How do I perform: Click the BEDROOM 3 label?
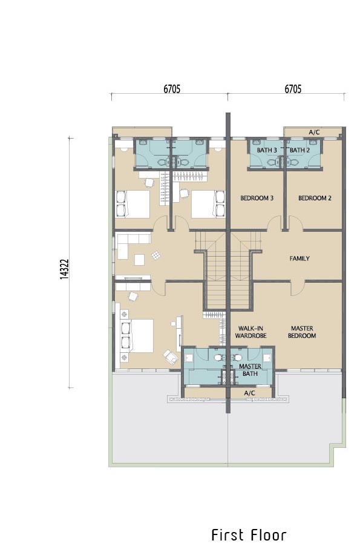pos(257,198)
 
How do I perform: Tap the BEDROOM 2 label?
pos(315,198)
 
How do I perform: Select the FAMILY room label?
pos(299,258)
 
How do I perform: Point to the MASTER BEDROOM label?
pos(302,332)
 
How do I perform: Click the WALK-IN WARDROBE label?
pos(250,332)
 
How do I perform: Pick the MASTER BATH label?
pos(250,370)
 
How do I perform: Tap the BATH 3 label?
pos(267,150)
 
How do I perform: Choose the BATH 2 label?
pos(300,150)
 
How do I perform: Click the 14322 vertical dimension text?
pos(64,269)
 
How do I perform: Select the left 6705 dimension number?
pos(172,89)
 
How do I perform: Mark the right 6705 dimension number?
pos(293,89)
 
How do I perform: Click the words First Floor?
pos(249,535)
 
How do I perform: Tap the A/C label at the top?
pos(314,133)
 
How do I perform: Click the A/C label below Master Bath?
pos(249,393)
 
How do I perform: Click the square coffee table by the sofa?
pos(139,260)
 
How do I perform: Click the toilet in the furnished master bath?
pos(218,357)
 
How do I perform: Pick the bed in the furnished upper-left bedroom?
pos(133,204)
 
